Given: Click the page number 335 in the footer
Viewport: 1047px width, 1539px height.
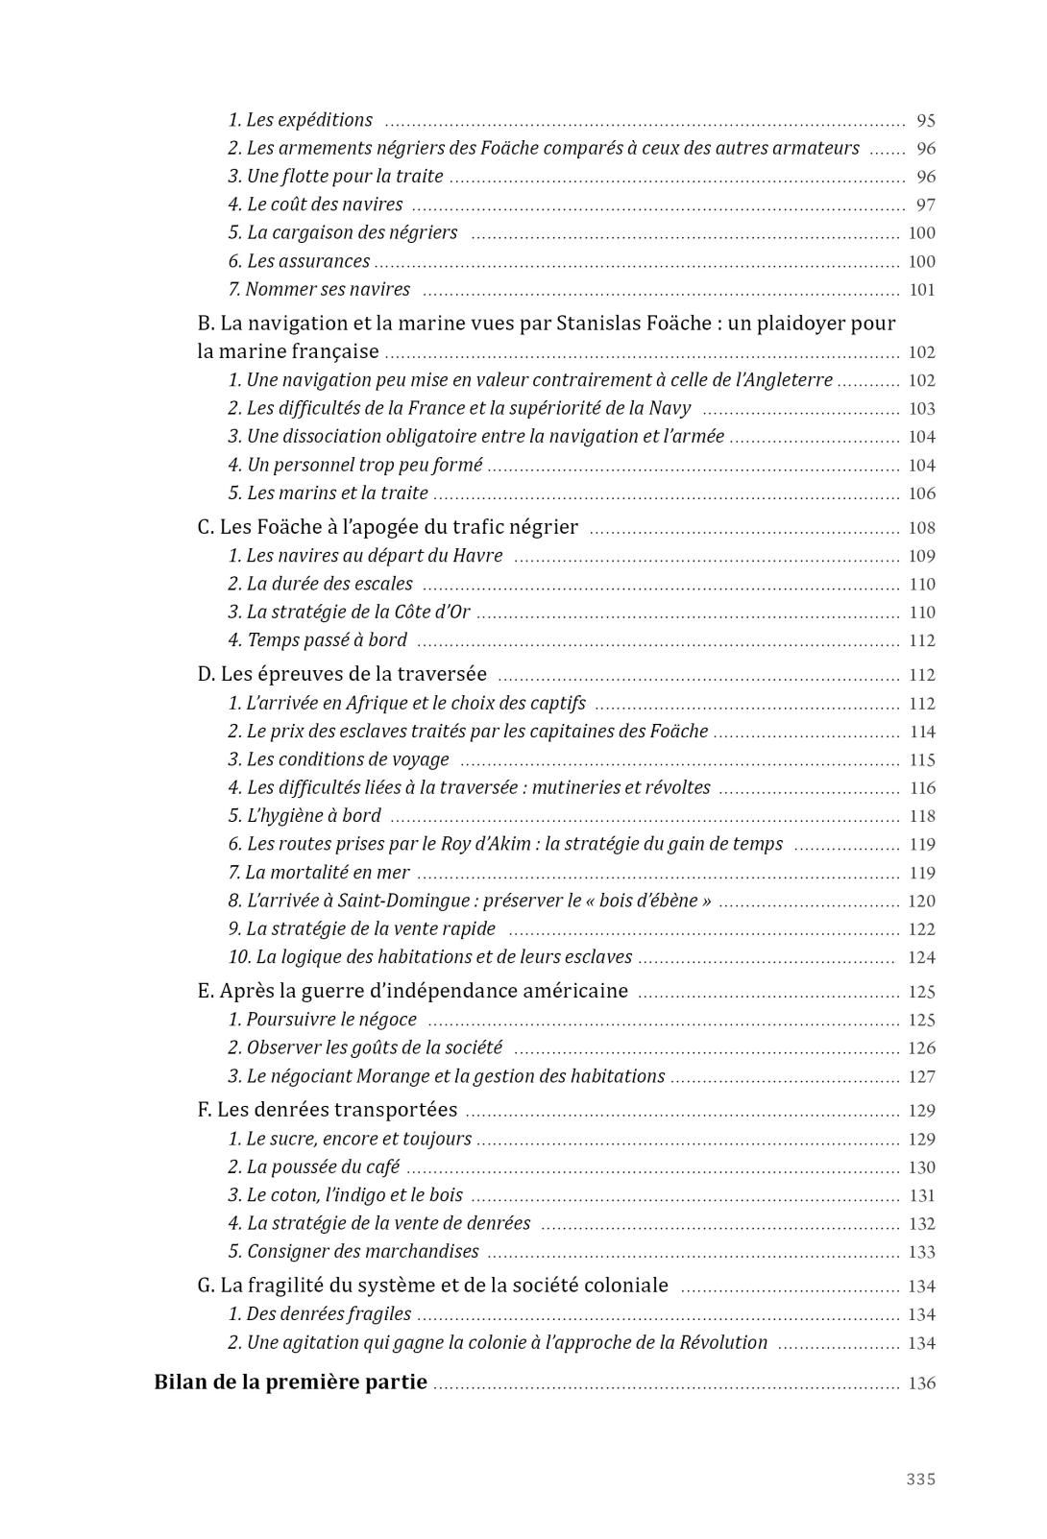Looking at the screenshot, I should [x=920, y=1479].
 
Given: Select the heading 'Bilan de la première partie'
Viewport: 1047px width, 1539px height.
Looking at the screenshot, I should [x=291, y=1383].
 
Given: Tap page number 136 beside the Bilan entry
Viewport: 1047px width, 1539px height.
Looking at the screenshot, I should [x=922, y=1383].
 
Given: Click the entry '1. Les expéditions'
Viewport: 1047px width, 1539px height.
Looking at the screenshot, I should [x=301, y=120].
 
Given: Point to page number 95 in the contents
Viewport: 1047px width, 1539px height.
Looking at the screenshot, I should [x=926, y=121].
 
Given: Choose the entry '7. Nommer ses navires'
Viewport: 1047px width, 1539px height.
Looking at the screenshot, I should [x=319, y=289].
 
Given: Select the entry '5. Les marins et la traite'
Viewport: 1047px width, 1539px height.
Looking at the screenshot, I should [x=328, y=493].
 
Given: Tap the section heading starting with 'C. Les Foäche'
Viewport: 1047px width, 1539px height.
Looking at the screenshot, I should [x=388, y=527].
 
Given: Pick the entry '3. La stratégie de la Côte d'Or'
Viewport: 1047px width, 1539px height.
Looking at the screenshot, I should [x=349, y=612].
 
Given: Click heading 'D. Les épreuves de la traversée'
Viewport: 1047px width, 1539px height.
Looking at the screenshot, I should [x=343, y=674].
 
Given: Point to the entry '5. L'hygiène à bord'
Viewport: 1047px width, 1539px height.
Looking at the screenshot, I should [x=304, y=815].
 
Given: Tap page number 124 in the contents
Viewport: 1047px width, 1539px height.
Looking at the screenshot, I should [x=921, y=957].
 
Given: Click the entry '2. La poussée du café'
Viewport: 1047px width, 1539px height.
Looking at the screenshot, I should [x=314, y=1166].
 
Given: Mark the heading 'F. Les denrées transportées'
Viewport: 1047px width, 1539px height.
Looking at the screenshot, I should [x=328, y=1110].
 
